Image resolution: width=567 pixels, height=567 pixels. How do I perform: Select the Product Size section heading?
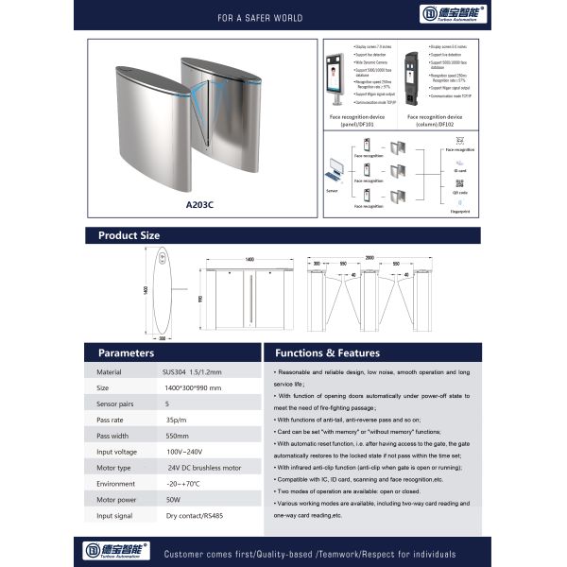tap(129, 235)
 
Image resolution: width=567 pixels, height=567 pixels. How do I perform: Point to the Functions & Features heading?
tap(327, 352)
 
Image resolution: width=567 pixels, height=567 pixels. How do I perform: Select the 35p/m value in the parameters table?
tap(175, 419)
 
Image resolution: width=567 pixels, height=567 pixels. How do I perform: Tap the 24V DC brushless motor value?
tap(204, 468)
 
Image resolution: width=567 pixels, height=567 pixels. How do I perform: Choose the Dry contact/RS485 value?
tap(196, 517)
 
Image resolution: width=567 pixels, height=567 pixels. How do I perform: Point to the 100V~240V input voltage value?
tap(185, 452)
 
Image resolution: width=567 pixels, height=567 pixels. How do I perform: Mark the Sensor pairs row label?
tap(116, 403)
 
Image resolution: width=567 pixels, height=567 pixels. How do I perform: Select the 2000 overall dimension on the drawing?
tap(369, 255)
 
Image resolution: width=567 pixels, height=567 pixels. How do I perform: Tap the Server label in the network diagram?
tap(331, 189)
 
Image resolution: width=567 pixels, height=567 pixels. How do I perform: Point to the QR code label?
tap(459, 189)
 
